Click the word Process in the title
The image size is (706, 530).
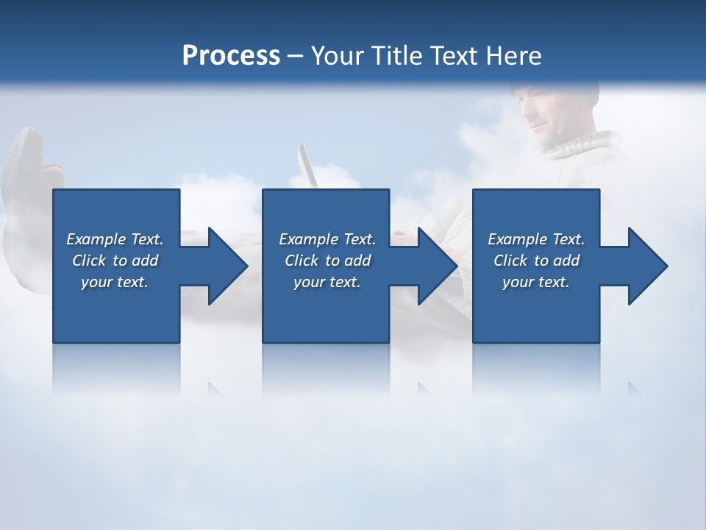point(231,56)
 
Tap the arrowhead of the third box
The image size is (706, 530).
point(646,266)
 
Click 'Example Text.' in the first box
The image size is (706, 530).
point(115,239)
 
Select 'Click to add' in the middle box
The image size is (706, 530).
point(327,261)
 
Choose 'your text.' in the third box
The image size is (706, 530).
point(535,282)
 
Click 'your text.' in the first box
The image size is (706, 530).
point(115,282)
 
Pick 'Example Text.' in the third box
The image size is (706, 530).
point(535,239)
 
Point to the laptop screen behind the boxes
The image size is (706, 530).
point(307,166)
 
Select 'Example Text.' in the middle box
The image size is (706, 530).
point(327,239)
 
